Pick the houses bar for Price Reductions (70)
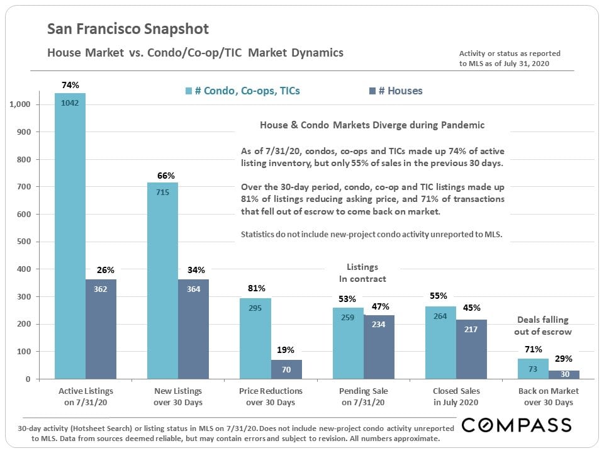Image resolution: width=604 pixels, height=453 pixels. click(x=286, y=369)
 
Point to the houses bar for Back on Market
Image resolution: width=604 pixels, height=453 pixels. click(x=564, y=374)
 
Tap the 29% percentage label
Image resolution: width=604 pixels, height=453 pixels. click(x=563, y=359)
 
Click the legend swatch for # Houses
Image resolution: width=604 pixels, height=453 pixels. click(x=372, y=91)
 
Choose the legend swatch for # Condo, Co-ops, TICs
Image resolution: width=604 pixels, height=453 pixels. click(x=189, y=91)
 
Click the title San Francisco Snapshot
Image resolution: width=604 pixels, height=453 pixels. click(x=128, y=29)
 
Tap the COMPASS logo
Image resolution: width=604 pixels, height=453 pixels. click(x=517, y=425)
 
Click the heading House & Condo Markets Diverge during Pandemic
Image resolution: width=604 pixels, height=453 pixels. click(x=372, y=125)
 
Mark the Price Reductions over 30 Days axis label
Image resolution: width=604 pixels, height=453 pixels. click(x=271, y=396)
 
